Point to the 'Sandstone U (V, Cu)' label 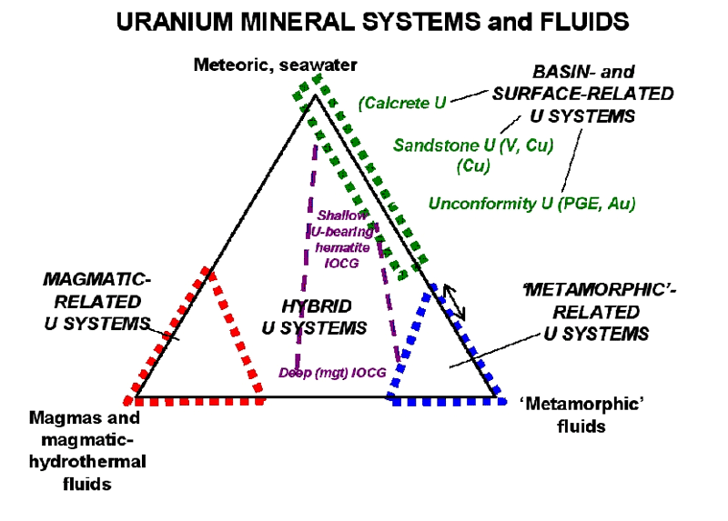(x=473, y=144)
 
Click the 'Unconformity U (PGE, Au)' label (x=531, y=204)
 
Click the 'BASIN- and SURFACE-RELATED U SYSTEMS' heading (x=582, y=94)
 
